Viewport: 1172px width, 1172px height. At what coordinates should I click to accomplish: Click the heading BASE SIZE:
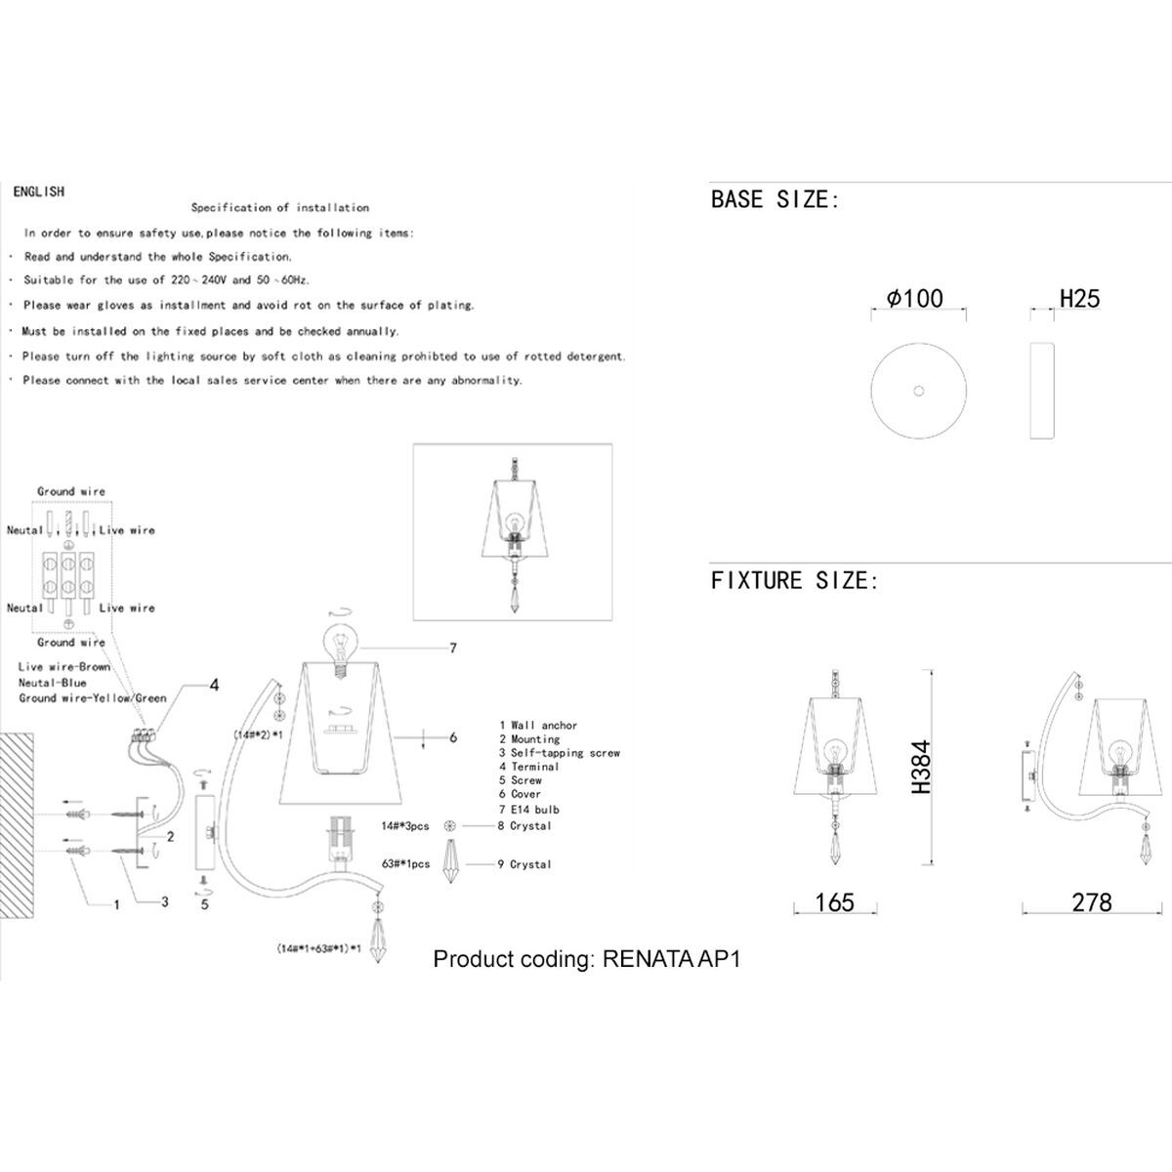[774, 200]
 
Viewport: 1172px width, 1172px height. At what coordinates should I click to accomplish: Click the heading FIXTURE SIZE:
[794, 580]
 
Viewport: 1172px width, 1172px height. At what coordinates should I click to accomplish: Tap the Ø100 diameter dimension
[915, 298]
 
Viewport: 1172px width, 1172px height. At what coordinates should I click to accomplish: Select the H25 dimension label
[1079, 298]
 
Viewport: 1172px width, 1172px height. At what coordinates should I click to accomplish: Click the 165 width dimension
[834, 902]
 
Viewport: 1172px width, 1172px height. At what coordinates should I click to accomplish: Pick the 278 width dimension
[1091, 902]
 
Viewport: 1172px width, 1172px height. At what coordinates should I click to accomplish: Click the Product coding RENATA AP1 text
[587, 958]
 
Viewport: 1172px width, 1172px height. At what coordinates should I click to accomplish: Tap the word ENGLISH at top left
[39, 191]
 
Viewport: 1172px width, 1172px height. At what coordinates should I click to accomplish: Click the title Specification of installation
[280, 207]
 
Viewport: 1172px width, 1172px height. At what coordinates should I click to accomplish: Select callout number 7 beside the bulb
[453, 648]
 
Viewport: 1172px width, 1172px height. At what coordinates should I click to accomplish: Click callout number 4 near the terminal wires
[214, 686]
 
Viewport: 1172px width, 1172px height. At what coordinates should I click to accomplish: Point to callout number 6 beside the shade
[453, 738]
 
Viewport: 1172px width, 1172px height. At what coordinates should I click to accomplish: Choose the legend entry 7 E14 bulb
[529, 810]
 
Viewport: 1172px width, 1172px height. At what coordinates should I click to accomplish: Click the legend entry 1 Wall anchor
[538, 726]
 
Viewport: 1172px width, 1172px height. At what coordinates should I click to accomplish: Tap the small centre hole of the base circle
[917, 391]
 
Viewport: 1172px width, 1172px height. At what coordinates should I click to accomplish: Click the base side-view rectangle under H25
[1042, 391]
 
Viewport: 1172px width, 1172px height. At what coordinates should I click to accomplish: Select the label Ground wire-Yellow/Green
[93, 698]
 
